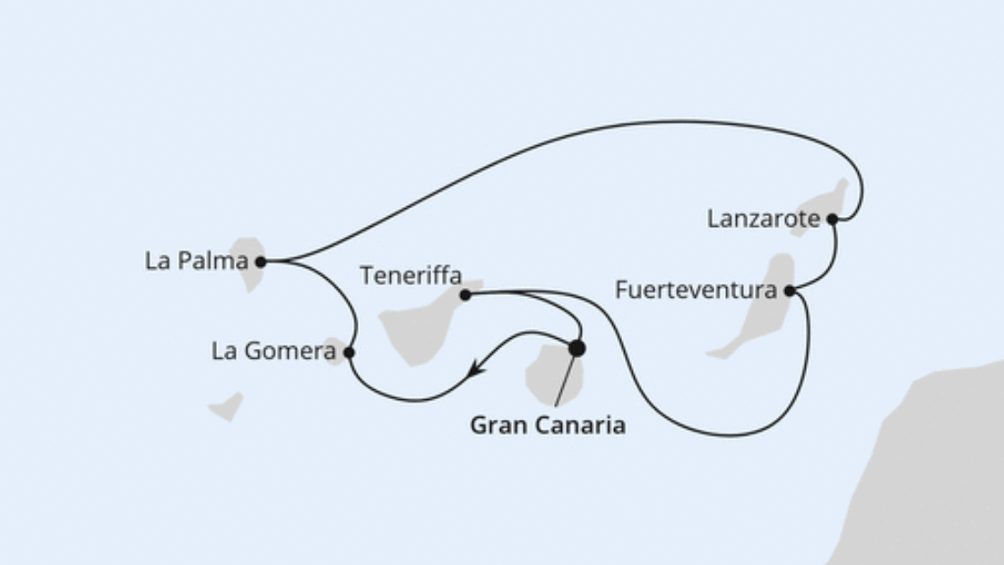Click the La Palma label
196,261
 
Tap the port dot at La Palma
261,261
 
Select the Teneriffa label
411,275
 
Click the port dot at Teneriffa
465,295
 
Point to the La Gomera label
274,351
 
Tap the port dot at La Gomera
349,352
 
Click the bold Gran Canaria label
548,425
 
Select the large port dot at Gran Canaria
577,349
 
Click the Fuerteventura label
696,290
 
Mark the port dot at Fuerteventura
790,291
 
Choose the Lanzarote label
763,219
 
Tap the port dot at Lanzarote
833,219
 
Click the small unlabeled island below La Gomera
227,406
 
